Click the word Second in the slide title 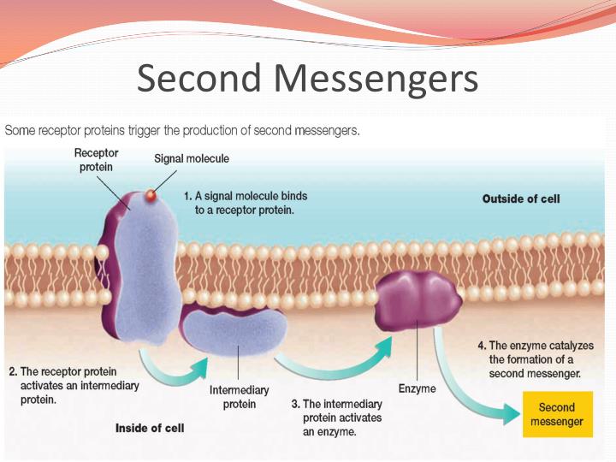pos(199,78)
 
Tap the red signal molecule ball pos(151,197)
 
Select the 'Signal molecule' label pos(191,158)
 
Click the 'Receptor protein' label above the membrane pos(96,159)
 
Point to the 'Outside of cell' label pos(521,198)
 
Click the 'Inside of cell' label pos(150,428)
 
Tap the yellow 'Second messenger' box pos(556,414)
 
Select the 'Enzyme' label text pos(417,389)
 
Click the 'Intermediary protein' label pos(239,397)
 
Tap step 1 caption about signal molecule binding pos(246,203)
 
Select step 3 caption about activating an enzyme pos(336,418)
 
